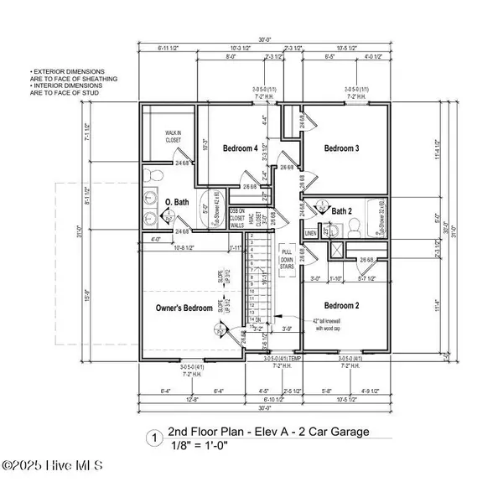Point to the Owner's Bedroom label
(x=184, y=308)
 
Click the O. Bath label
(x=177, y=202)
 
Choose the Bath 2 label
(x=340, y=210)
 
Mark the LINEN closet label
(x=311, y=234)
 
